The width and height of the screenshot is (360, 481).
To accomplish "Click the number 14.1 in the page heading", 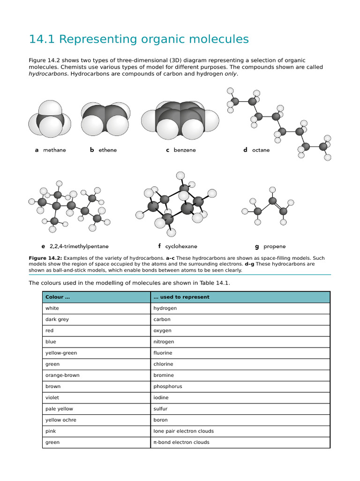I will tap(42, 39).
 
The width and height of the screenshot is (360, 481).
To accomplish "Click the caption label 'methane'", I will tap(54, 150).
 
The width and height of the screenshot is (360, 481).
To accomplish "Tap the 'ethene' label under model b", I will tap(107, 150).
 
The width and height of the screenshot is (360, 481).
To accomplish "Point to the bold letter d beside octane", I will tap(245, 150).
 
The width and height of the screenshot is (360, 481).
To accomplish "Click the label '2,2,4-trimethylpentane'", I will tap(79, 246).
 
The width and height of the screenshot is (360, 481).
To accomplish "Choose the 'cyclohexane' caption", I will tap(181, 246).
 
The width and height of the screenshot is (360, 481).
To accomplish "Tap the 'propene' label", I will tap(274, 246).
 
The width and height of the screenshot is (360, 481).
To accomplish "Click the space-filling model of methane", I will tap(50, 120).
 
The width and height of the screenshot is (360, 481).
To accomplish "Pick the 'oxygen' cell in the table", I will tap(162, 331).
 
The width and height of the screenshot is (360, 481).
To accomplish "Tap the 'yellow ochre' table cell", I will tap(60, 420).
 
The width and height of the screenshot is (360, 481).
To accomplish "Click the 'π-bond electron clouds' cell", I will tap(181, 442).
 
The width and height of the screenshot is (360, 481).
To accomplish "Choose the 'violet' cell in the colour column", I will tap(52, 397).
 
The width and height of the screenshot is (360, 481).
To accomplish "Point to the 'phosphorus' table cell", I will tap(168, 387).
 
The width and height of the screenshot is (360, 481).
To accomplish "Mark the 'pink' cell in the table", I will tap(51, 431).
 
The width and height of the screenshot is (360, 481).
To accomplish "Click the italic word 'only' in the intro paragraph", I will tap(231, 74).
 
